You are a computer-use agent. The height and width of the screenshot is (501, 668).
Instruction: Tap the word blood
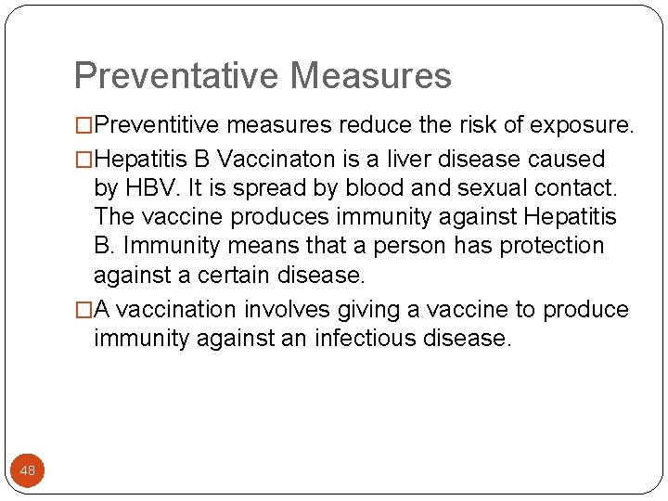coord(375,188)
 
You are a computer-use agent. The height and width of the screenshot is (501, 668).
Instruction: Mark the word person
coord(417,246)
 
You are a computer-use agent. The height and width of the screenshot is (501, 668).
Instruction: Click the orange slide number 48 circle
coord(28,471)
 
